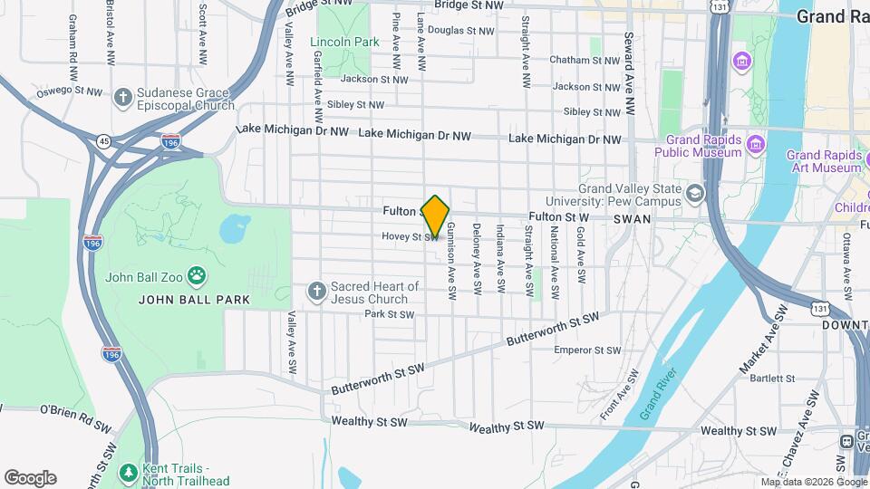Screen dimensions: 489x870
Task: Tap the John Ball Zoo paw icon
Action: pyautogui.click(x=196, y=274)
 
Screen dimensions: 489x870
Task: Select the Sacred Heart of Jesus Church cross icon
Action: pyautogui.click(x=316, y=292)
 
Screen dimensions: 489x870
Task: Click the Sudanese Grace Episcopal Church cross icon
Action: pyautogui.click(x=123, y=97)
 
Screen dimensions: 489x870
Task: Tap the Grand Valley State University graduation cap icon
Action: pyautogui.click(x=694, y=193)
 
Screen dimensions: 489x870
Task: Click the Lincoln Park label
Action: pyautogui.click(x=344, y=42)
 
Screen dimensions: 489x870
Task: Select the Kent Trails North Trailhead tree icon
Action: pyautogui.click(x=128, y=473)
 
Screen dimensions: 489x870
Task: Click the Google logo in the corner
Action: pyautogui.click(x=30, y=478)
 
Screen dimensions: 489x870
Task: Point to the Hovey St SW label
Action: pyautogui.click(x=410, y=237)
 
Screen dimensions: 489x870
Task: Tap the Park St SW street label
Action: pyautogui.click(x=389, y=315)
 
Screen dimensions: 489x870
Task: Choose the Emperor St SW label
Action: pyautogui.click(x=587, y=350)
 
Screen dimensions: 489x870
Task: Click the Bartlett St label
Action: pyautogui.click(x=772, y=378)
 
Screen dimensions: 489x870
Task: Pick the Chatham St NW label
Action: pyautogui.click(x=585, y=60)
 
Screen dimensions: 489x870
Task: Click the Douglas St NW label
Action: pyautogui.click(x=460, y=30)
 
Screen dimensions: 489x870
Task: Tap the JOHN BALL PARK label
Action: pyautogui.click(x=194, y=299)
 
